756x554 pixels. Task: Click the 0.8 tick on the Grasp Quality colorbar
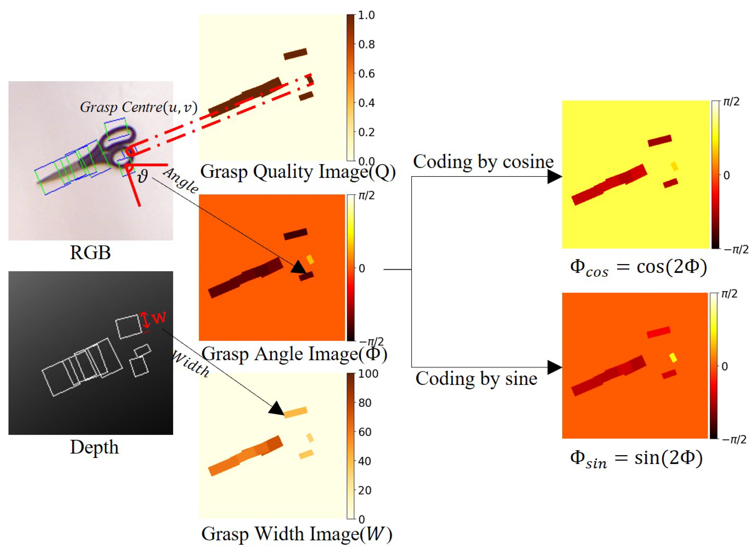pyautogui.click(x=366, y=44)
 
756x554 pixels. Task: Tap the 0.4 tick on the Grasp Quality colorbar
pyautogui.click(x=366, y=103)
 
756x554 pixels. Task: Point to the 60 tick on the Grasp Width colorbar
pyautogui.click(x=365, y=432)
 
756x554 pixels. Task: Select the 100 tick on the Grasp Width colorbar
pyautogui.click(x=368, y=373)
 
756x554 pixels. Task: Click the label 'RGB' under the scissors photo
pyautogui.click(x=90, y=253)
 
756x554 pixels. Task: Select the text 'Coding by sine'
pyautogui.click(x=476, y=379)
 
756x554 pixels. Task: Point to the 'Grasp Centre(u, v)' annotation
pyautogui.click(x=138, y=107)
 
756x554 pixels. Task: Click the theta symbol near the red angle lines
pyautogui.click(x=143, y=176)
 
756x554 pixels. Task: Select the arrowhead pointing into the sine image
pyautogui.click(x=554, y=367)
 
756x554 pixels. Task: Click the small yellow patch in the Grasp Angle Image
pyautogui.click(x=310, y=259)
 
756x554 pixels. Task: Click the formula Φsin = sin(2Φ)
pyautogui.click(x=636, y=459)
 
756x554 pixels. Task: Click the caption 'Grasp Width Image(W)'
pyautogui.click(x=296, y=534)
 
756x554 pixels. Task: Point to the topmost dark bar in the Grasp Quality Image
pyautogui.click(x=295, y=54)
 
